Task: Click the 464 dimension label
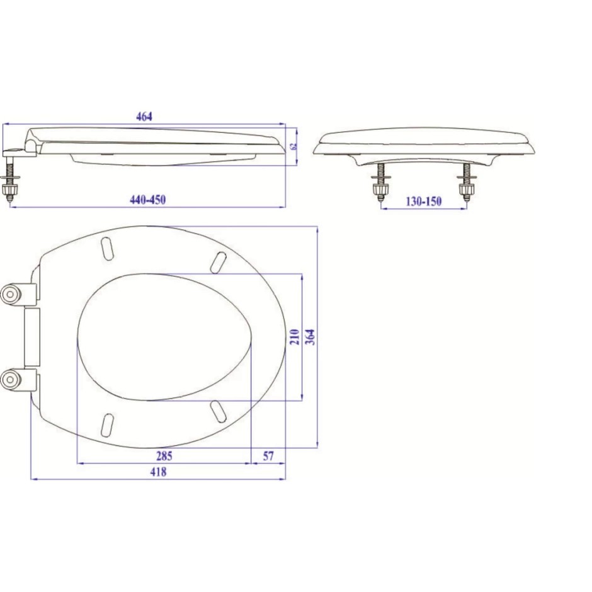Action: pos(144,117)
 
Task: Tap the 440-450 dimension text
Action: pos(147,200)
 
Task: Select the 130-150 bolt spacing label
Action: pos(424,202)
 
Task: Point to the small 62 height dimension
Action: pos(295,145)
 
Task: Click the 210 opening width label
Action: pos(295,336)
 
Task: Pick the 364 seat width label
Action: pos(310,337)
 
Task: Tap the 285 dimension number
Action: pos(164,456)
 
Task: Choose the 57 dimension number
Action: pos(268,456)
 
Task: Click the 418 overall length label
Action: pos(158,472)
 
